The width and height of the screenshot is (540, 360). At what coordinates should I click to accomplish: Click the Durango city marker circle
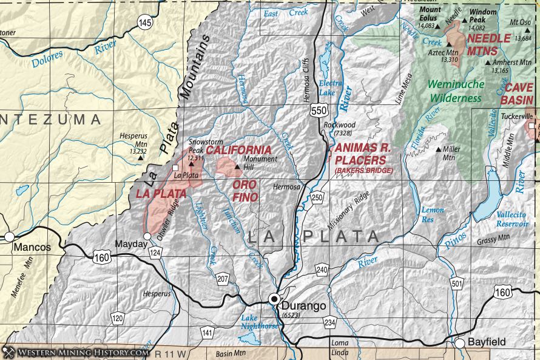tap(274, 299)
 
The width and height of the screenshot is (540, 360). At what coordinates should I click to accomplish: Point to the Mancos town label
tap(29, 248)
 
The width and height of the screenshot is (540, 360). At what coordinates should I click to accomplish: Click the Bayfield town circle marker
tap(461, 343)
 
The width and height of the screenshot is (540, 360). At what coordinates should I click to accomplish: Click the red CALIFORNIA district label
tap(238, 150)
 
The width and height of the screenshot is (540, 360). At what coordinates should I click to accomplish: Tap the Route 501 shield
tap(457, 283)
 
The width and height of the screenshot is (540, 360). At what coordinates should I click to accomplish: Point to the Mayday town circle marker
tap(147, 236)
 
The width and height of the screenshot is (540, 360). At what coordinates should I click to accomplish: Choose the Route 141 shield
tap(208, 333)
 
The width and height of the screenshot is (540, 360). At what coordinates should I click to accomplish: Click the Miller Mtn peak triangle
tap(439, 149)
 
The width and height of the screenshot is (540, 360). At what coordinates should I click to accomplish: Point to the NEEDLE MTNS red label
tap(488, 44)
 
